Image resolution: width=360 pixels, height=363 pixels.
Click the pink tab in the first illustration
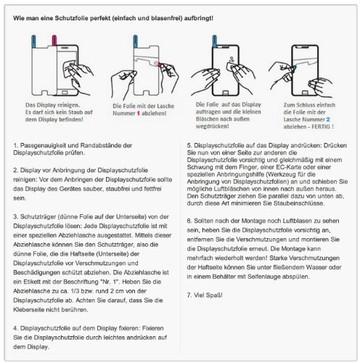pos(54,41)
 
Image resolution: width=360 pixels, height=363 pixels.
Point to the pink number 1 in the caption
pos(139,113)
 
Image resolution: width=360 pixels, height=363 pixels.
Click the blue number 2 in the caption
pos(328,119)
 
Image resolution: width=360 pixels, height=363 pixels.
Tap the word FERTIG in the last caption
pos(321,126)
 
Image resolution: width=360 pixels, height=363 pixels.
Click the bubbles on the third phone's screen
pos(232,59)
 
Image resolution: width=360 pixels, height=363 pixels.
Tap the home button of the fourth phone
pos(305,93)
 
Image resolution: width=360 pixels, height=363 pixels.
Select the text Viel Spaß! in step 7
pos(208,295)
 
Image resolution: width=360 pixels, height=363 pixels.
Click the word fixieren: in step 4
pos(129,328)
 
